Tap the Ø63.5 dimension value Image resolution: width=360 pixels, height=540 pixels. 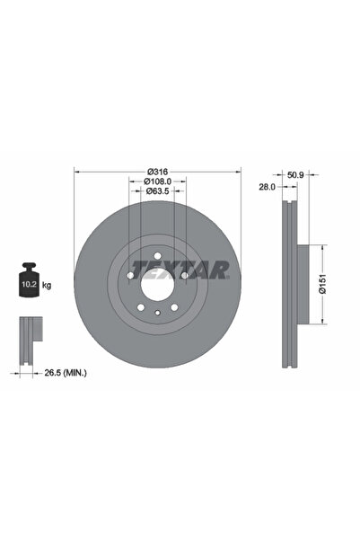(157, 190)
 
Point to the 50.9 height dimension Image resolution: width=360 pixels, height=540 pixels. (295, 175)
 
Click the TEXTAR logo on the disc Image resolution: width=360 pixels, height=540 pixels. (180, 269)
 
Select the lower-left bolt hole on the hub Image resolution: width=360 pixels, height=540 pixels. (141, 307)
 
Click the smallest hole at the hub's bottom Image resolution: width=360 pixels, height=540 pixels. (157, 312)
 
